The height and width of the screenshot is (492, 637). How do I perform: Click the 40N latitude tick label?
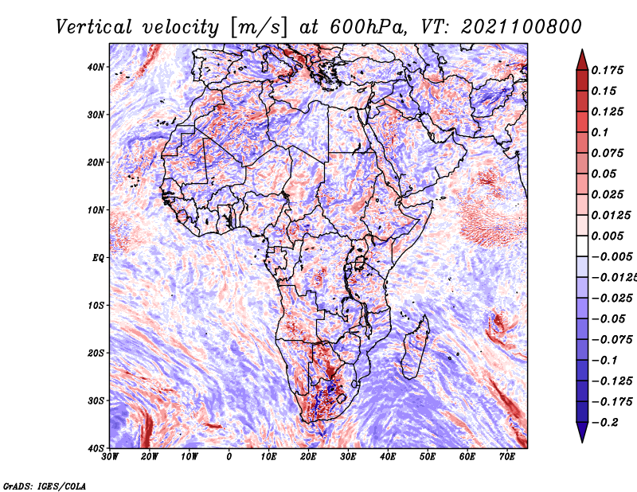[x=95, y=67]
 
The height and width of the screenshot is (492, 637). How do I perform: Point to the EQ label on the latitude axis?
[x=98, y=258]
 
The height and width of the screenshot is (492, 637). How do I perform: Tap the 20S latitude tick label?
[x=95, y=353]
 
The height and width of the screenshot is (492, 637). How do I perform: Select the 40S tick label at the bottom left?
[x=95, y=448]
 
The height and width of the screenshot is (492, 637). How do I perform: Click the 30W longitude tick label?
[x=110, y=457]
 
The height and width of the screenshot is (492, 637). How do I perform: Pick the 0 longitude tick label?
[x=229, y=457]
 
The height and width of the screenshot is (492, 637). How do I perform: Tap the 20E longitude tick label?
[x=308, y=457]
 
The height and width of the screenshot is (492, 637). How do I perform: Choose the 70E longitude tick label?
[x=507, y=457]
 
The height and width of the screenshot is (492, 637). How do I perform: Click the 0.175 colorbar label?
[x=608, y=71]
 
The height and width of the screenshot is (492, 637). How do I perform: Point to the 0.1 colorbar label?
[x=600, y=132]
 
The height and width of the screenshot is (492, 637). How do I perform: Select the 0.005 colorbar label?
[x=608, y=236]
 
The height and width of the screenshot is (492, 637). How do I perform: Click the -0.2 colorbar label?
[x=605, y=423]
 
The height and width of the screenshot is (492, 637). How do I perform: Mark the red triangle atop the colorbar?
[x=582, y=61]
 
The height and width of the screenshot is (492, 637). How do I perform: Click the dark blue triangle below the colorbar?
[x=582, y=431]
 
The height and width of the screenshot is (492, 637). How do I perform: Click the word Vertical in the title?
[x=94, y=27]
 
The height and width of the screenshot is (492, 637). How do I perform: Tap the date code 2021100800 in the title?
[x=522, y=27]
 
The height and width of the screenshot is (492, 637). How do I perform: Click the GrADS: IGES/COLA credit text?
[x=45, y=486]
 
